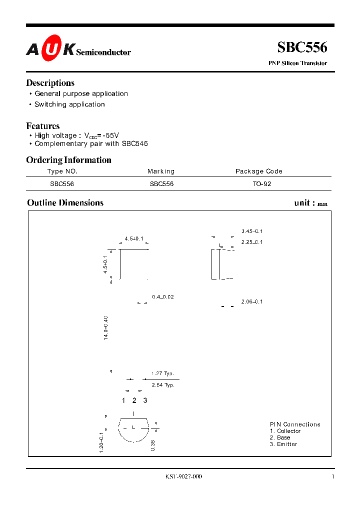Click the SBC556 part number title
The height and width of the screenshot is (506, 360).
tap(302, 47)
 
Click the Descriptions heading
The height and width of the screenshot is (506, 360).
tap(50, 83)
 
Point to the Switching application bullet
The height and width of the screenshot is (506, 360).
tap(69, 104)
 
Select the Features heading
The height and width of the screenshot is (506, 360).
tap(43, 126)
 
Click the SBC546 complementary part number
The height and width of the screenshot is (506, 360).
tap(134, 143)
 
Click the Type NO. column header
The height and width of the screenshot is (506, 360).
tap(62, 171)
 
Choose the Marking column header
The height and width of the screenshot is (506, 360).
tap(161, 171)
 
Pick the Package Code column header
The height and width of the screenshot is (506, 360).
tap(259, 171)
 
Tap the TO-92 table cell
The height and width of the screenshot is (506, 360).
tap(261, 183)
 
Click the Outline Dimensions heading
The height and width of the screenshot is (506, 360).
tap(65, 203)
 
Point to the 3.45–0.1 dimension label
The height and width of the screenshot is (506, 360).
tap(252, 231)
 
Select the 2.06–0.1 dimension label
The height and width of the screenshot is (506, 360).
tap(252, 302)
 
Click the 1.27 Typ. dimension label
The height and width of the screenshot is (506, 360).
tap(165, 373)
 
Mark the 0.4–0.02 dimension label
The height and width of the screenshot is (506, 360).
tap(163, 297)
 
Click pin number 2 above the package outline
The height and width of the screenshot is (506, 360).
tap(134, 400)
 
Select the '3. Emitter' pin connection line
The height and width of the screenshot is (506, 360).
tap(283, 444)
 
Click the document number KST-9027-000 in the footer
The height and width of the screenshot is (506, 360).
tap(183, 477)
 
